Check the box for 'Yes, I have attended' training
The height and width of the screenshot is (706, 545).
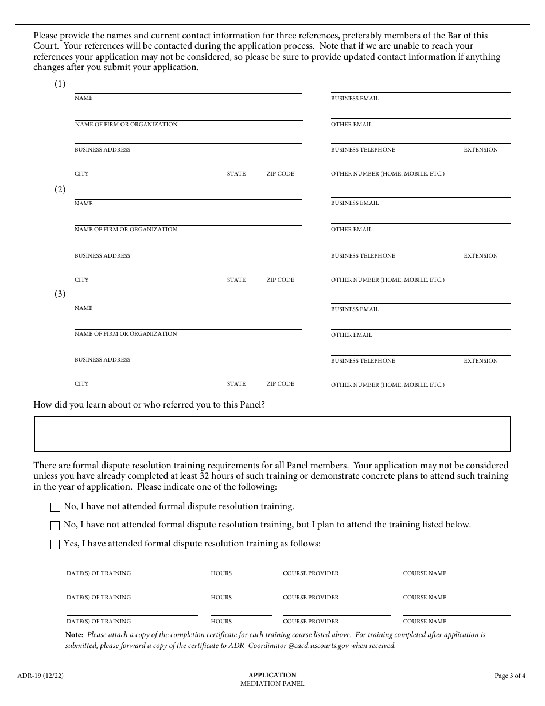tap(55, 545)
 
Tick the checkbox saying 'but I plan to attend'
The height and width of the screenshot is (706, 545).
tap(55, 526)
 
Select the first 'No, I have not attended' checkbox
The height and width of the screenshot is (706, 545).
tap(55, 507)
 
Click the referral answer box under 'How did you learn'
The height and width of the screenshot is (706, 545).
tap(272, 434)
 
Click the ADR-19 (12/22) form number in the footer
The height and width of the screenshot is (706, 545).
tap(41, 676)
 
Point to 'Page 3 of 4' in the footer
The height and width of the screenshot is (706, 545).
tap(510, 676)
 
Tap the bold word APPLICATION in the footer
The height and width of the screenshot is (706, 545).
tap(272, 675)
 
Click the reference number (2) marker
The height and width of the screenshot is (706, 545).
tap(60, 189)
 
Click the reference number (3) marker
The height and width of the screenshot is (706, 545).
tap(60, 294)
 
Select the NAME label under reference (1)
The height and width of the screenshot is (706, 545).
tap(83, 98)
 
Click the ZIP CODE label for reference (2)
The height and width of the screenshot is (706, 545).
tap(280, 280)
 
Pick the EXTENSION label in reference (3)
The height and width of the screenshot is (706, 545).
tap(481, 361)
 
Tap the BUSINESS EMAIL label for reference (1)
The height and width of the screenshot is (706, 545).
tap(355, 99)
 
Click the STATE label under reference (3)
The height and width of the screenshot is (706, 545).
tap(236, 384)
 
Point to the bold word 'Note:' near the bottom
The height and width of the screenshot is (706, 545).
tap(75, 635)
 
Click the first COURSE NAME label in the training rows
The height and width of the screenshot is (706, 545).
tap(425, 573)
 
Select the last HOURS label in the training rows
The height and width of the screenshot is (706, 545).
tap(221, 622)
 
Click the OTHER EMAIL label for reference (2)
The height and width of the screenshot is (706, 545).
tap(351, 230)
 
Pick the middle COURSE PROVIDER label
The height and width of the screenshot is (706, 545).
tap(310, 598)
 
